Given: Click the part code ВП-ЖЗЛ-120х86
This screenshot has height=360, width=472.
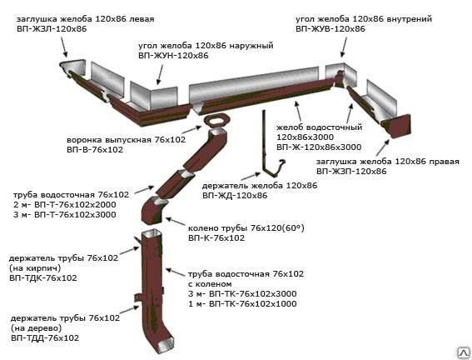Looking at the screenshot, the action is tap(52, 29).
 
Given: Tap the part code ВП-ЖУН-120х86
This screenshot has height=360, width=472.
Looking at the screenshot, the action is tap(173, 56).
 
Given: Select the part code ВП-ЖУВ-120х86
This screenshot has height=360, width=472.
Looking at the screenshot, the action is tap(330, 29).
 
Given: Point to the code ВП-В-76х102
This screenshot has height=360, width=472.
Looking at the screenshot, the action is tap(95, 150).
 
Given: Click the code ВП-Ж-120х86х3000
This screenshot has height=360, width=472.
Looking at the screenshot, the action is tap(319, 147).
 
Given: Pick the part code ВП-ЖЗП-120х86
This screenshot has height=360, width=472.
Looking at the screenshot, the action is tap(351, 172).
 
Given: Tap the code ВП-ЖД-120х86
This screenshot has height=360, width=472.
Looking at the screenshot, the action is tap(235, 196).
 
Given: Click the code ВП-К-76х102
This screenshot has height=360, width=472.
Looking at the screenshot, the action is tap(216, 238).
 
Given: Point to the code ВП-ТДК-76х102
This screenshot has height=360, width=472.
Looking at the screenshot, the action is tap(43, 277).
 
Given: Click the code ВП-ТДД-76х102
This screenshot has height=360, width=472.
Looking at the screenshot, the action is tap(45, 337).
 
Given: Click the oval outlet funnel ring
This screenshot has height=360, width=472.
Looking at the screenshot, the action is tap(216, 121).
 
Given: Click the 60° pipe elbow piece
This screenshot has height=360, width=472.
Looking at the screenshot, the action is tap(153, 210).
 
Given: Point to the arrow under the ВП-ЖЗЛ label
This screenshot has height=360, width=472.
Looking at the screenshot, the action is tap(64, 47).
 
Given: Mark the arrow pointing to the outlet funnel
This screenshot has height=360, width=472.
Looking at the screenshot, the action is tap(191, 131).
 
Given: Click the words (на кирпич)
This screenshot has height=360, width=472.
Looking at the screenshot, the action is tap(35, 267).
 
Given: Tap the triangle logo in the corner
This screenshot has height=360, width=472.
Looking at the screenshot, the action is tap(464, 352).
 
